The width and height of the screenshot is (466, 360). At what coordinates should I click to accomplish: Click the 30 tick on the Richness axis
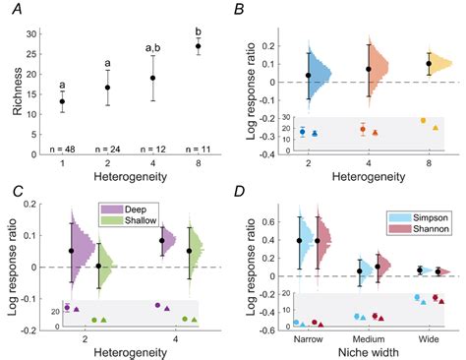tap(32, 33)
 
